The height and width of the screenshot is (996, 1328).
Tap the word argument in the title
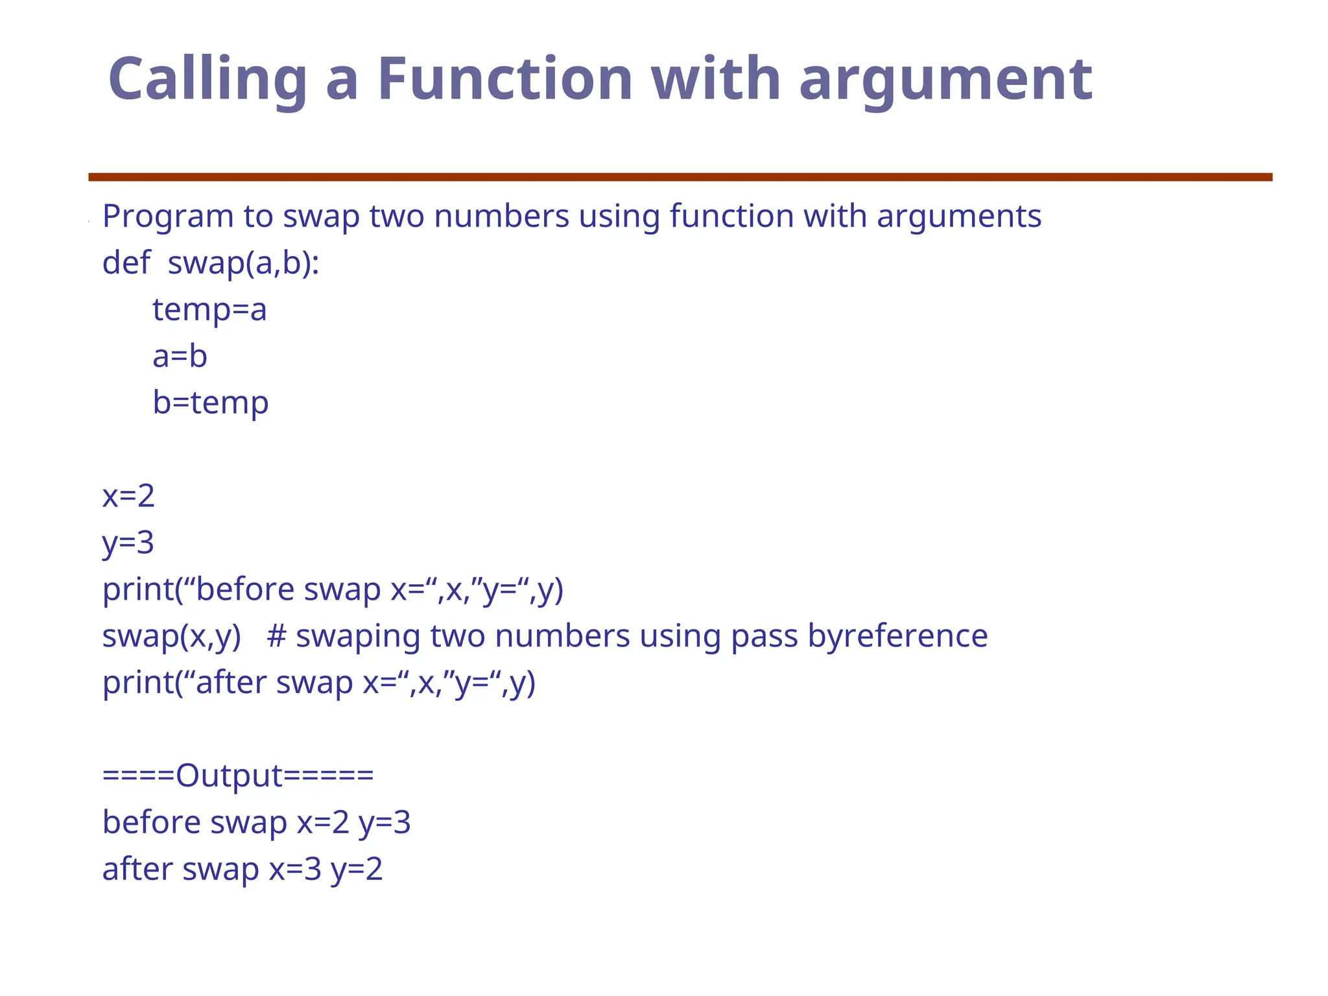945,80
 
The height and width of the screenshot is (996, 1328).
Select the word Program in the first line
168,217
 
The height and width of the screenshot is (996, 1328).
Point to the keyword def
126,263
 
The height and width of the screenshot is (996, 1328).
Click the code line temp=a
209,309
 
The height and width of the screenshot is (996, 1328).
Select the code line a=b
180,356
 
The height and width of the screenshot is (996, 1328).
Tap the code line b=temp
210,403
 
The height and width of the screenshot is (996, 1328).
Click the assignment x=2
128,496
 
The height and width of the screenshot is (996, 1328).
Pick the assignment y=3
128,543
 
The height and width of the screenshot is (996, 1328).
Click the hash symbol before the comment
276,635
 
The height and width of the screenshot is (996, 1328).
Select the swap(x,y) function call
171,636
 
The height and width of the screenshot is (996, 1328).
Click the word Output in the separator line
229,776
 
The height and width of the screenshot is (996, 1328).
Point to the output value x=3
295,869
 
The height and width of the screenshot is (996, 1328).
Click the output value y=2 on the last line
357,869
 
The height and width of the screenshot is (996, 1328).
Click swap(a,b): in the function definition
243,263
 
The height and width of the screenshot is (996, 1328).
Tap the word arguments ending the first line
959,217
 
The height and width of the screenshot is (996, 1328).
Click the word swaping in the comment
358,636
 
